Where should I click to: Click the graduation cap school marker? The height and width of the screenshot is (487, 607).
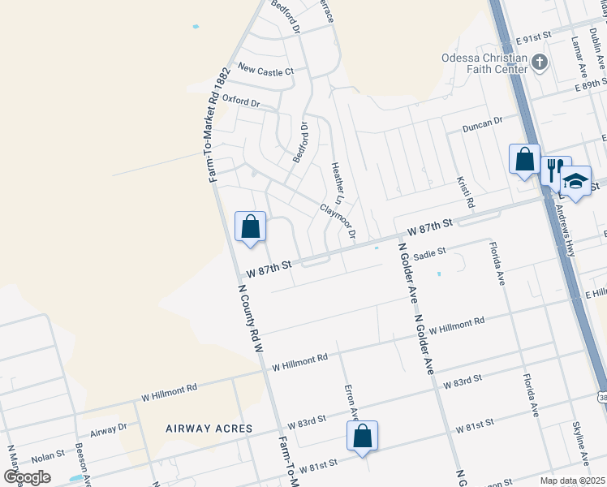point(575,182)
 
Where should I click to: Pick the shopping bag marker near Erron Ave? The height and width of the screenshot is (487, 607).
point(363,436)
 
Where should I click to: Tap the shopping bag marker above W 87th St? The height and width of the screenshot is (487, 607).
point(250,226)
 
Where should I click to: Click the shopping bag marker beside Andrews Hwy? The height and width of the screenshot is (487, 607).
point(524,158)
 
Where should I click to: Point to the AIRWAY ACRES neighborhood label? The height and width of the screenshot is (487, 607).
point(209,428)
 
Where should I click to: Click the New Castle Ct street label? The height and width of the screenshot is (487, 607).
point(264,71)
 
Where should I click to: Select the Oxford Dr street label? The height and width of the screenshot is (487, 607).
point(241,103)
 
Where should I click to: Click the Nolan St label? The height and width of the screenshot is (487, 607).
point(48,457)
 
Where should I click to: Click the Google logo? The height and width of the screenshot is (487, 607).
point(28,477)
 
